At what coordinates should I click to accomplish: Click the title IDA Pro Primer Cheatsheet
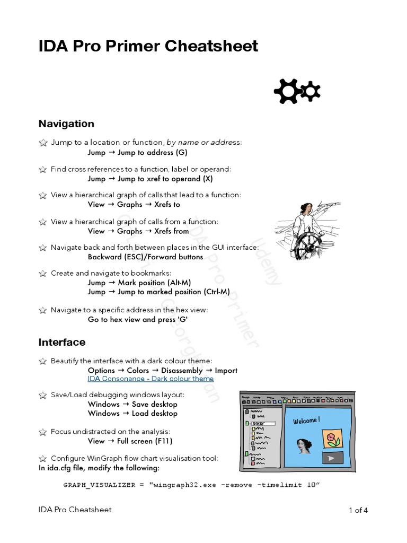pyautogui.click(x=148, y=47)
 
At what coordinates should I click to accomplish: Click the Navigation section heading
pyautogui.click(x=66, y=124)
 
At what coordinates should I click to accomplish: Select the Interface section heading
pyautogui.click(x=61, y=342)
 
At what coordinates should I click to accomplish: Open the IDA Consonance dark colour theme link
pyautogui.click(x=151, y=379)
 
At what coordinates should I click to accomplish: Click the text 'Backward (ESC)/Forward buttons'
pyautogui.click(x=145, y=257)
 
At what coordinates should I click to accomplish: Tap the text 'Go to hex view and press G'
pyautogui.click(x=138, y=319)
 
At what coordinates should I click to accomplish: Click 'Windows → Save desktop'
pyautogui.click(x=132, y=404)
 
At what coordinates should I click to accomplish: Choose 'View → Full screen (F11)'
pyautogui.click(x=130, y=441)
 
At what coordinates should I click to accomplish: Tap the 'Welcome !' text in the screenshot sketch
pyautogui.click(x=306, y=421)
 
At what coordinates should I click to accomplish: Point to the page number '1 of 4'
pyautogui.click(x=358, y=510)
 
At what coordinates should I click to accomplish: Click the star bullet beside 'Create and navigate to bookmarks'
pyautogui.click(x=42, y=274)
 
